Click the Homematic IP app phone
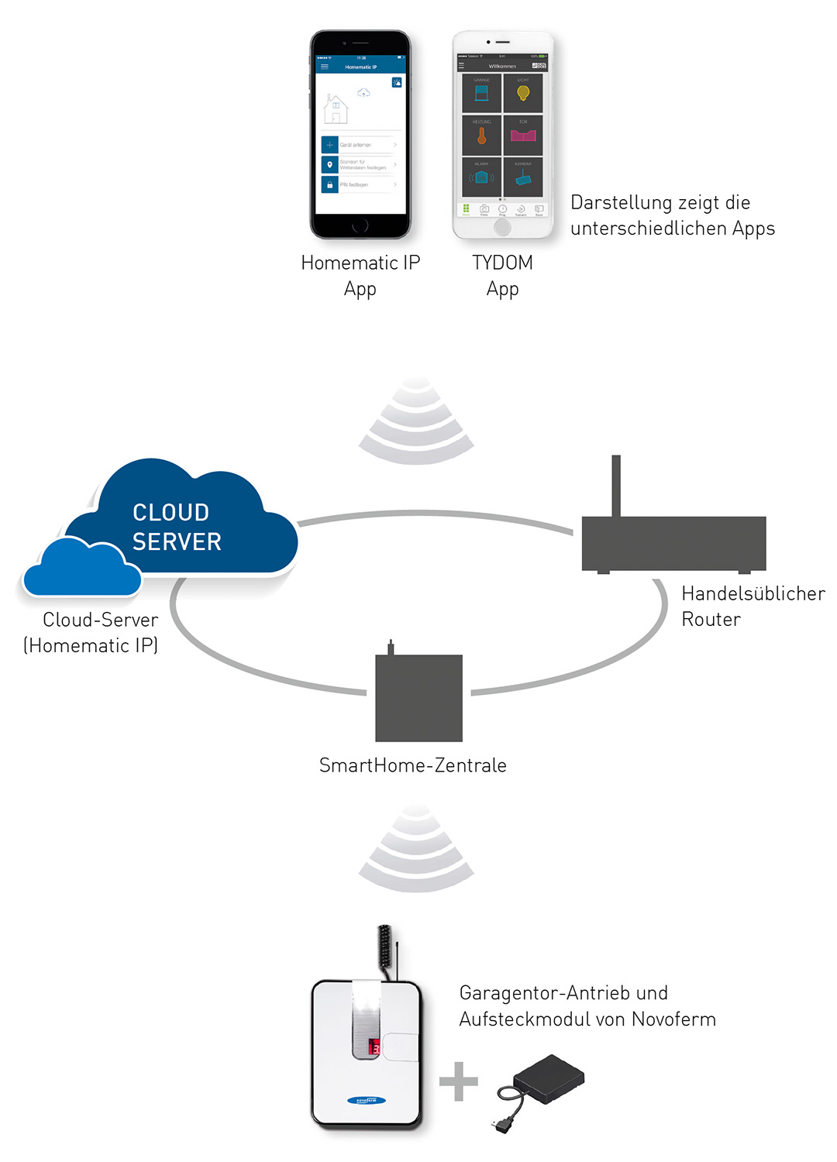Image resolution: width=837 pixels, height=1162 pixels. point(360,135)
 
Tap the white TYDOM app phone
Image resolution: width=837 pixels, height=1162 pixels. point(503,135)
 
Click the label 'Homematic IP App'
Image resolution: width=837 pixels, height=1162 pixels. point(360,276)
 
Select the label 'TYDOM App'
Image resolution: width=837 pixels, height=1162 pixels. point(503,276)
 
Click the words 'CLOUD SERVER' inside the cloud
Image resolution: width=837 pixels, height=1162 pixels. point(177,527)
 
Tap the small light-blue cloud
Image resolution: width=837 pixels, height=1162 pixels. point(81,569)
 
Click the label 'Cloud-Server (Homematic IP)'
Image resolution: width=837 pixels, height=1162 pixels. point(91,632)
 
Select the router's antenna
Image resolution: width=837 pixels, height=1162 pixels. point(616,486)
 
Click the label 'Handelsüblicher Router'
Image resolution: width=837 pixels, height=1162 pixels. point(753,606)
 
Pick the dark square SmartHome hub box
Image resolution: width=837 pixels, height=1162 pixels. point(418,697)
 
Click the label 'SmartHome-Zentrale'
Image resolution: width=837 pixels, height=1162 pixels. point(413,765)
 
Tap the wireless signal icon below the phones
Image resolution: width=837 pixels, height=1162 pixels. point(416,422)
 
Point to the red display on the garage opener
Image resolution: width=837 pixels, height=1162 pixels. point(374,1047)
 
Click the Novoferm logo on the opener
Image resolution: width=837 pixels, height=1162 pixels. point(367,1100)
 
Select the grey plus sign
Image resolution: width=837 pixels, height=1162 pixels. point(459,1081)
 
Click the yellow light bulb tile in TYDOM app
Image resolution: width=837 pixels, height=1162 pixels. point(523,94)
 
